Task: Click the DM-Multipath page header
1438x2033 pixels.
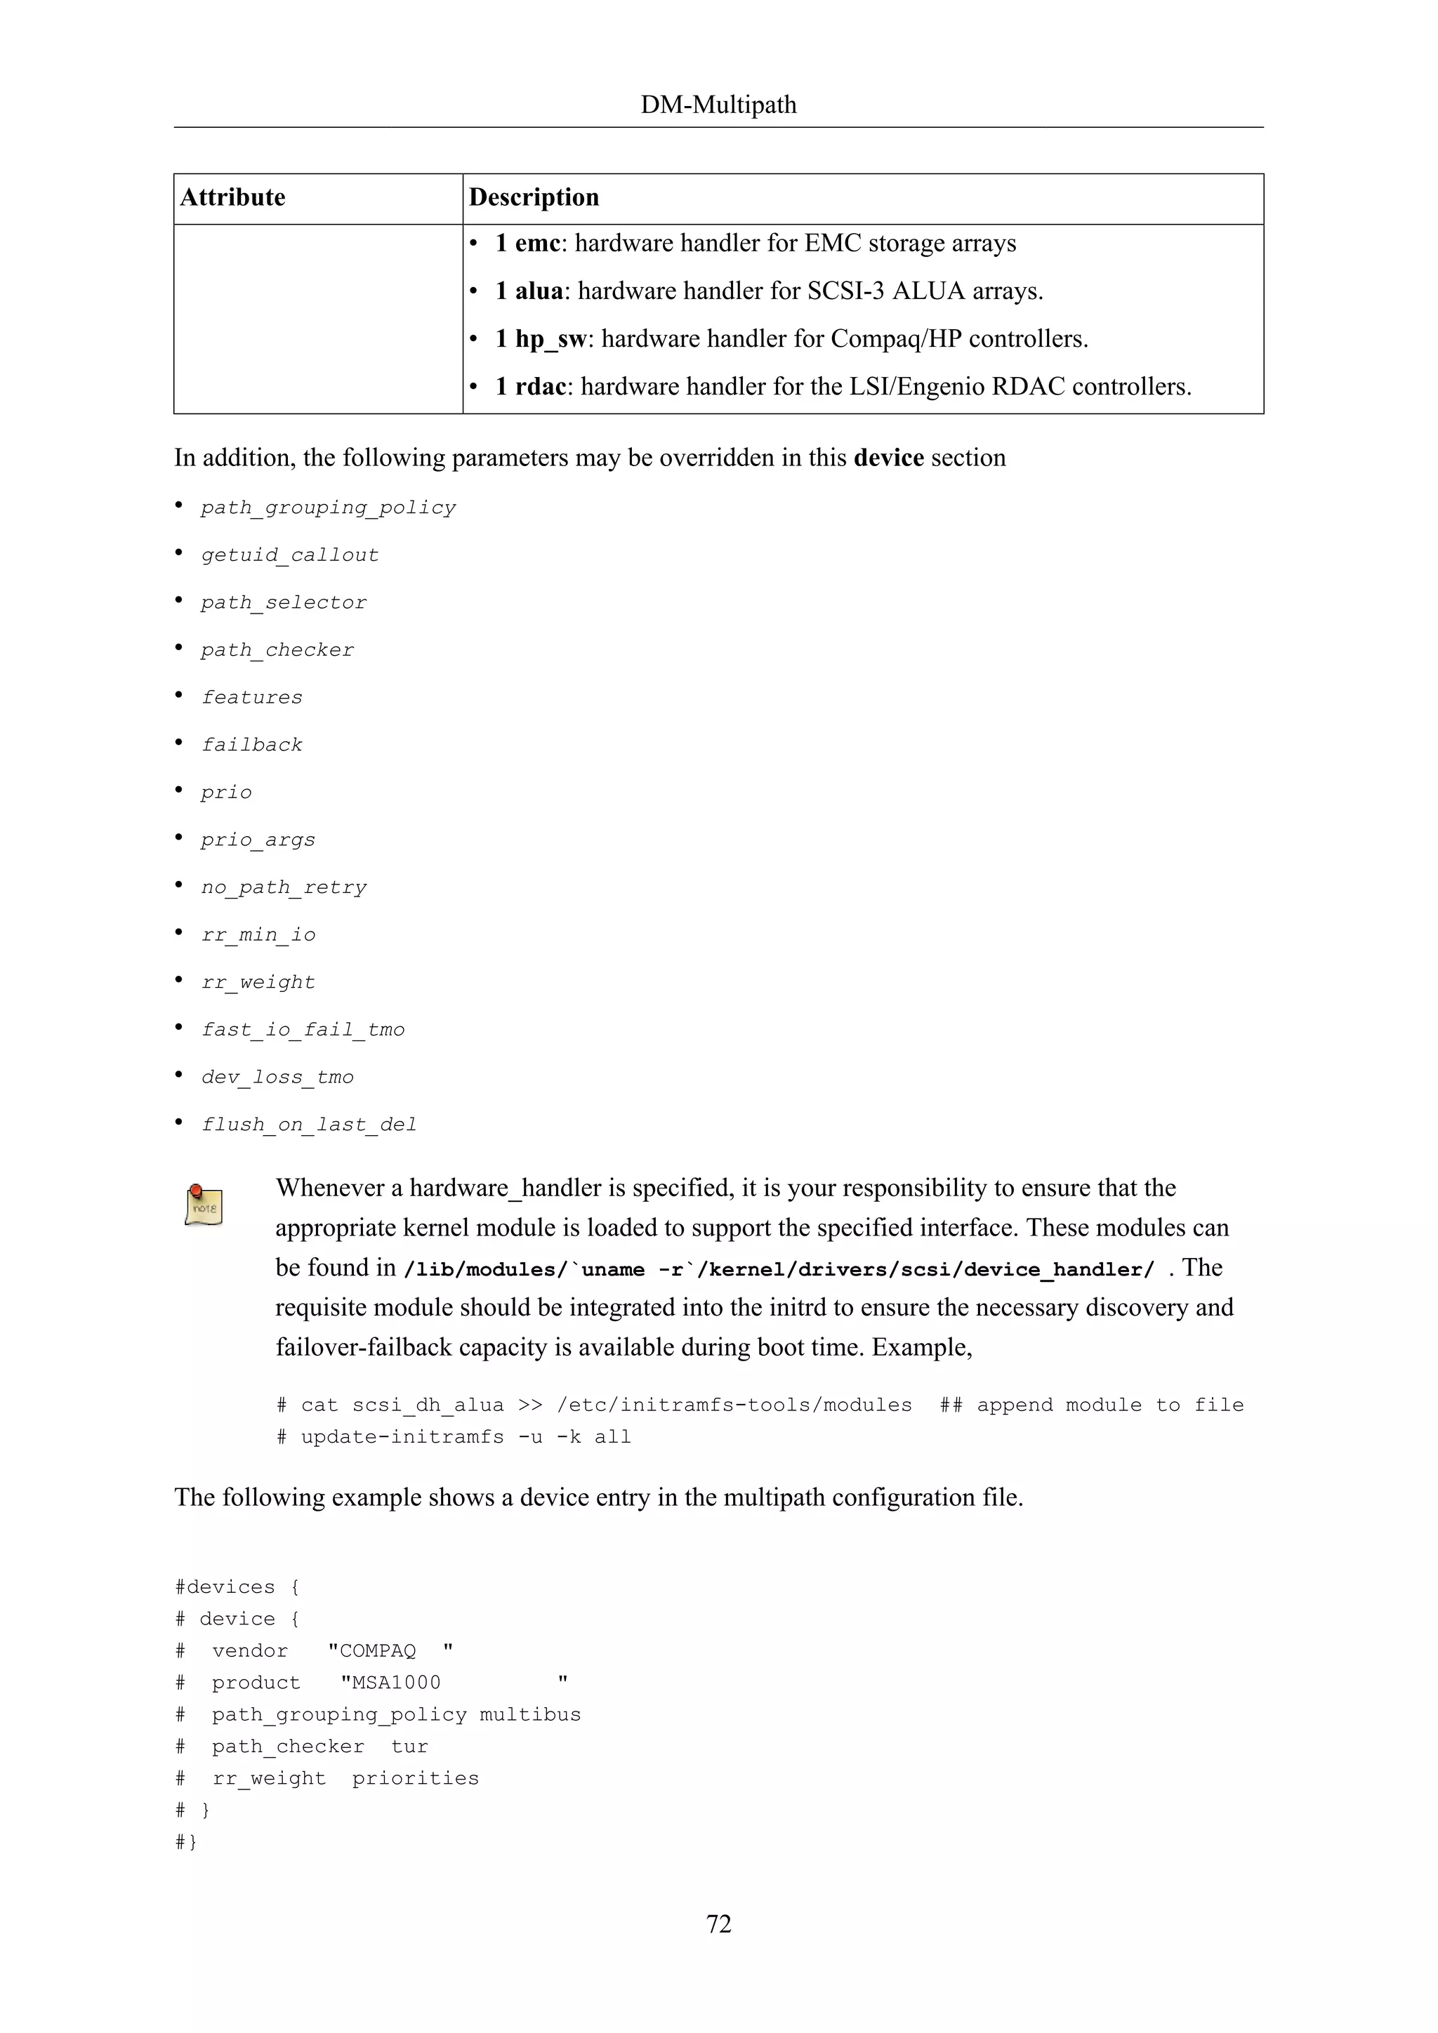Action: [x=718, y=105]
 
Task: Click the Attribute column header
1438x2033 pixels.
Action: [x=233, y=197]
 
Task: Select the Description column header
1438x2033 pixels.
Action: [x=534, y=197]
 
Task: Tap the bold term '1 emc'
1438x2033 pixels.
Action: [x=528, y=244]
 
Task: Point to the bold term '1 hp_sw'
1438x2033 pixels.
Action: [x=540, y=339]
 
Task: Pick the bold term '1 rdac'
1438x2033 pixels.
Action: [x=530, y=387]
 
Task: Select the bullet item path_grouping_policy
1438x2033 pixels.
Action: [x=328, y=508]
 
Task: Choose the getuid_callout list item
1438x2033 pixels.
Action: [x=289, y=555]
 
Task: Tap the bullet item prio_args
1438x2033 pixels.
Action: [x=258, y=840]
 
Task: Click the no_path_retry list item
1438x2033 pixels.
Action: [x=284, y=887]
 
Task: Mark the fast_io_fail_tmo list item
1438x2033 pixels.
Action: [x=303, y=1030]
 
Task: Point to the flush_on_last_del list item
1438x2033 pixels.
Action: [x=308, y=1125]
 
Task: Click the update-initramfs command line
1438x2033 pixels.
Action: [x=454, y=1437]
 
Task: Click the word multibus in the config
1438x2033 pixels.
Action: [x=529, y=1715]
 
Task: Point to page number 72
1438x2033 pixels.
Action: [x=718, y=1924]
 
